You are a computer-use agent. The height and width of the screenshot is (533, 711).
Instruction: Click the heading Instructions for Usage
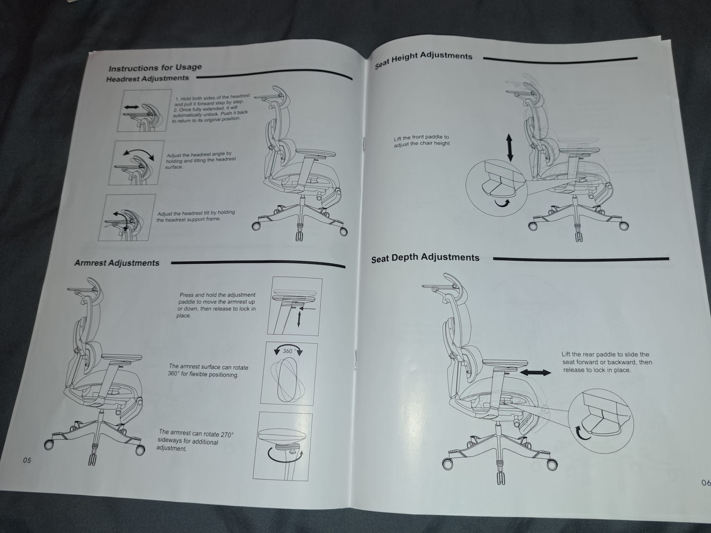point(155,67)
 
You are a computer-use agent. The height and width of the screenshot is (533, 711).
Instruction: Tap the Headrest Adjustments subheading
point(148,78)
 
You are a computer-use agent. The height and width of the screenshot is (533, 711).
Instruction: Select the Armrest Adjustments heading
point(117,263)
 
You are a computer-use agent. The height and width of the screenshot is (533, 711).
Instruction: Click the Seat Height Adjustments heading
point(424,59)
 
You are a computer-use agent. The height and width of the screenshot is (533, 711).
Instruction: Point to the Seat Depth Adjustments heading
point(425,258)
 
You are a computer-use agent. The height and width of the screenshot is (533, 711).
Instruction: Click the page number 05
point(27,460)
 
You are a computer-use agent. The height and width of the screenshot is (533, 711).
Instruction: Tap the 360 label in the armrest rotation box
point(288,351)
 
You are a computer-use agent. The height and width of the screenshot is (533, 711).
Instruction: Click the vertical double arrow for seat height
point(509,148)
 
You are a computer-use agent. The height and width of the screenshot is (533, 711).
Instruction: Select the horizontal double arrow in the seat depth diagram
point(536,372)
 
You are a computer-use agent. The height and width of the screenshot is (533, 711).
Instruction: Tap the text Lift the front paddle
point(421,140)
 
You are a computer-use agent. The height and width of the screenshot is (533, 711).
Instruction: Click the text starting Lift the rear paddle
point(607,362)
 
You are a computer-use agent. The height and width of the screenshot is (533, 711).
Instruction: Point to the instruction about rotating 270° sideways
point(195,441)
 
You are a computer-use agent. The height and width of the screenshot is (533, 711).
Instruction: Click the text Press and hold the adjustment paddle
point(217,305)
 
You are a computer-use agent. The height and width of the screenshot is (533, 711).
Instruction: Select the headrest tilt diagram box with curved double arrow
point(136,162)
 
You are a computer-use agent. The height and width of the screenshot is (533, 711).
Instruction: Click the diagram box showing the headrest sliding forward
point(144,110)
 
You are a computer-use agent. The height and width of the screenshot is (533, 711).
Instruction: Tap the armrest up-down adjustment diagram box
point(295,306)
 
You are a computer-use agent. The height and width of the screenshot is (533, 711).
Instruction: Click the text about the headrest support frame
point(195,215)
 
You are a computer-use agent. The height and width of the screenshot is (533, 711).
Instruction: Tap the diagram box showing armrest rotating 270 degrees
point(283,446)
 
